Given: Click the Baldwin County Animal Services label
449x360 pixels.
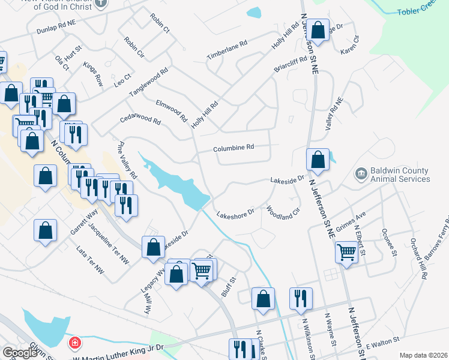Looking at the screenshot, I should point(400,175).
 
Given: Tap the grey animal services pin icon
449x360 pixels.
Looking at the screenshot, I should point(361,175).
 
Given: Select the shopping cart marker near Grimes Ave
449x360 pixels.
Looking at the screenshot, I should point(346,253).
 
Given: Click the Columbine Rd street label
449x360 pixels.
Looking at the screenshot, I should point(234,148).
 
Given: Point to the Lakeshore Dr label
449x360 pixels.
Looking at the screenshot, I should point(235,213).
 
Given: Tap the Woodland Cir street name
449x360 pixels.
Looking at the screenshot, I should point(283,213).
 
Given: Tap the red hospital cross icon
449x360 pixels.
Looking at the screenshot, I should point(75,343).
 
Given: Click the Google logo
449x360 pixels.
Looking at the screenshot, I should point(19,353).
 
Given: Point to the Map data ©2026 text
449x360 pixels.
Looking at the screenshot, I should point(423,355).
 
